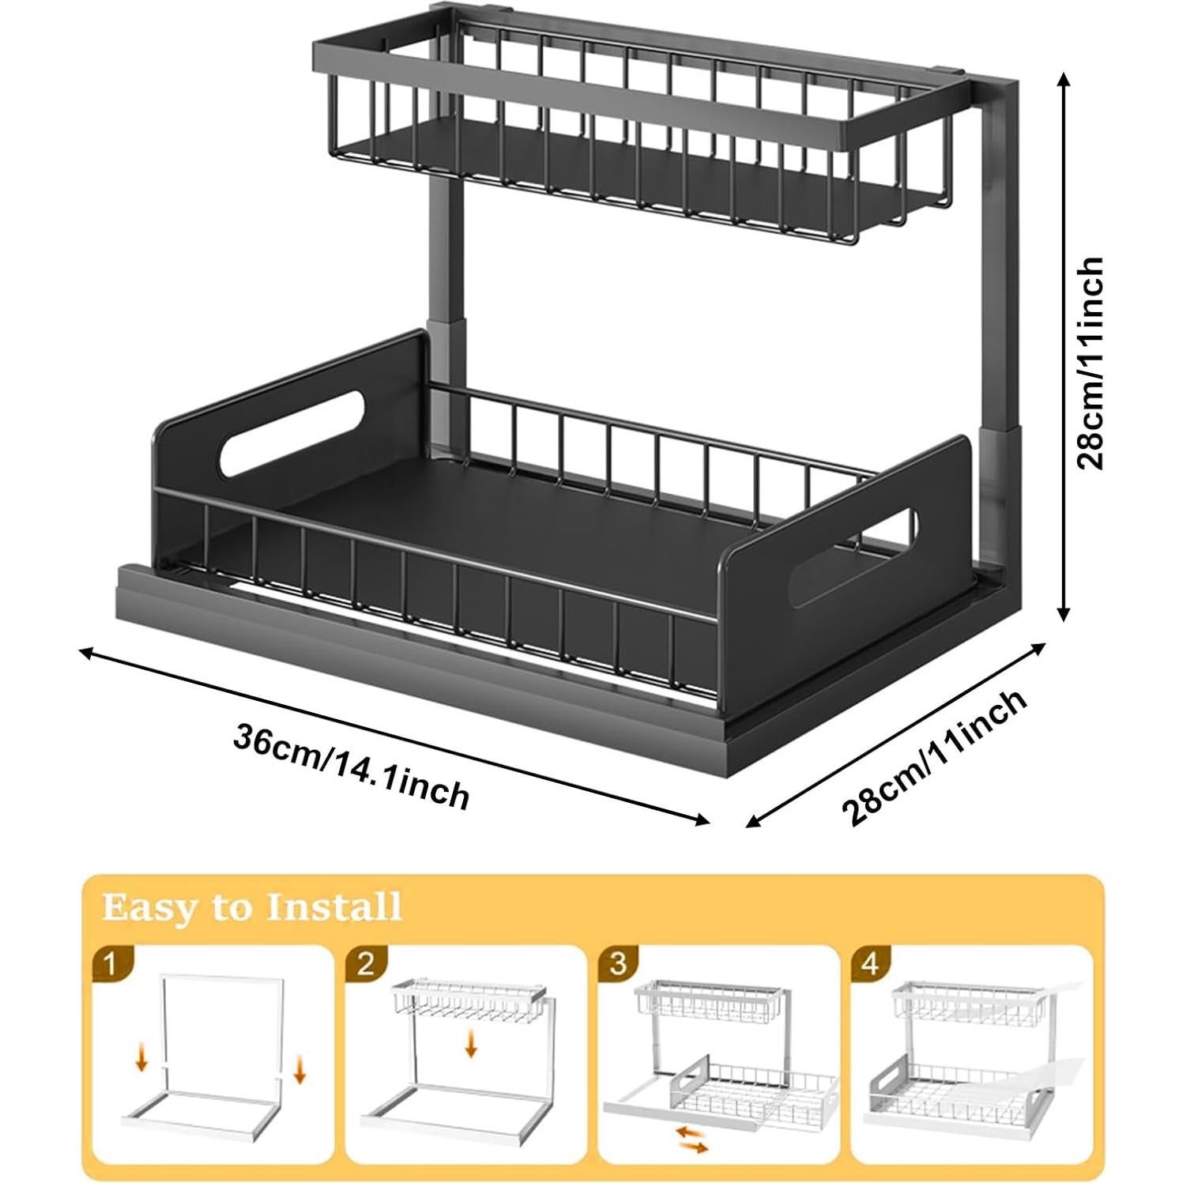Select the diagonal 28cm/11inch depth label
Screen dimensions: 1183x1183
pos(935,757)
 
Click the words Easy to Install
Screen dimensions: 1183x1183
pos(252,906)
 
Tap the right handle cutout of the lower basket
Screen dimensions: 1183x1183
pos(854,557)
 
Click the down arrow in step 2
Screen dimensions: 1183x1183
pos(472,1042)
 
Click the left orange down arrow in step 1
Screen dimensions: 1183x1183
pos(142,1057)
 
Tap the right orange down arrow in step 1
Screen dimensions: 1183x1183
pos(300,1071)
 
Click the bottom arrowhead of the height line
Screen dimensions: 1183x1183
pos(1064,615)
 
